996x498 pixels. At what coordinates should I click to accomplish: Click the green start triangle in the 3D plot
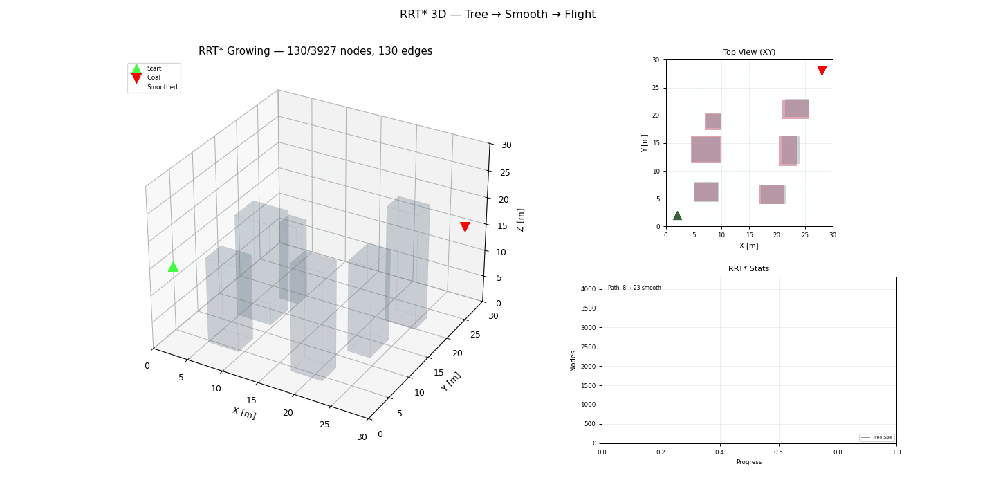pyautogui.click(x=173, y=266)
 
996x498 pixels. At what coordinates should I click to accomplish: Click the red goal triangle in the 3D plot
pyautogui.click(x=465, y=227)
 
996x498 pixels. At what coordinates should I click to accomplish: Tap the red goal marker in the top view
pyautogui.click(x=822, y=71)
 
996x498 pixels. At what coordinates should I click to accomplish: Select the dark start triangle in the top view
pyautogui.click(x=677, y=216)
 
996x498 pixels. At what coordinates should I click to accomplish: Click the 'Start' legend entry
pyautogui.click(x=154, y=68)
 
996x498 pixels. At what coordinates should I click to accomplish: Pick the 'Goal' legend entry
pyautogui.click(x=154, y=77)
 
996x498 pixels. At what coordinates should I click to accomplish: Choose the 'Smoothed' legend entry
pyautogui.click(x=162, y=87)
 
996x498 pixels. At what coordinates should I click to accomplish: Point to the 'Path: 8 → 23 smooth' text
pyautogui.click(x=634, y=288)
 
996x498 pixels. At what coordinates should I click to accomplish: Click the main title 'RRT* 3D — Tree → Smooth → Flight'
pyautogui.click(x=497, y=15)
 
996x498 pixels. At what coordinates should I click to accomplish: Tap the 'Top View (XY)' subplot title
pyautogui.click(x=749, y=52)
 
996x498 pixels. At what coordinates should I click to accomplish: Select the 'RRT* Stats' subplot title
pyautogui.click(x=748, y=268)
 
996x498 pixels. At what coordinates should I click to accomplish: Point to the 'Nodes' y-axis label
pyautogui.click(x=573, y=360)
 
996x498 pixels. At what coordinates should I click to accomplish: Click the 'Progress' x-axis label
pyautogui.click(x=748, y=462)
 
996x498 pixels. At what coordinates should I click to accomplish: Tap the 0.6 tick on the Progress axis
pyautogui.click(x=779, y=452)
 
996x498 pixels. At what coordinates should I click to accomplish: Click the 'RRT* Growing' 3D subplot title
pyautogui.click(x=315, y=51)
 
